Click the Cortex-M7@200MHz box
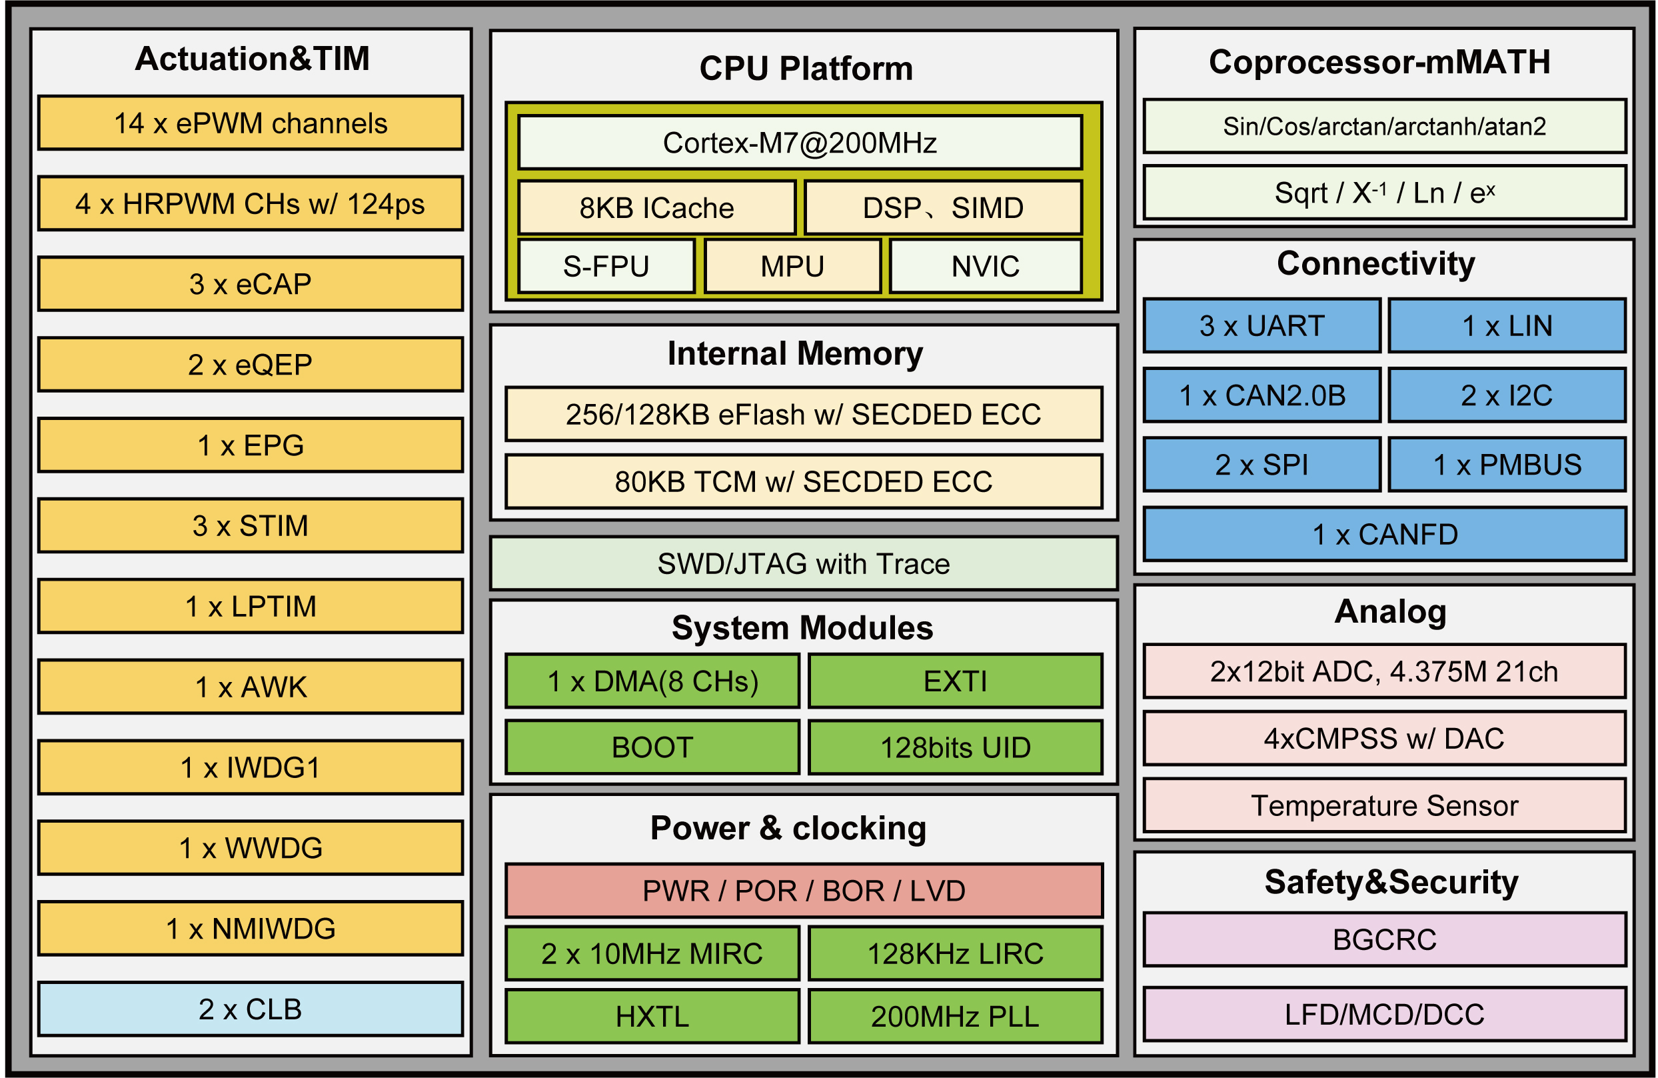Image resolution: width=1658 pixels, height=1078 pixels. [x=800, y=143]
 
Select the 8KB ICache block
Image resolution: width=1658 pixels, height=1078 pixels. [x=656, y=207]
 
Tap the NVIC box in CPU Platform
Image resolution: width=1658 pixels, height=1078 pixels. [x=985, y=266]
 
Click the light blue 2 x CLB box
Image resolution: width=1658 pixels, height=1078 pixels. [x=250, y=1009]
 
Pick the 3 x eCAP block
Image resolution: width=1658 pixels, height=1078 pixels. [x=250, y=284]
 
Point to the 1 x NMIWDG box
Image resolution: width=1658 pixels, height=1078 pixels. [x=250, y=928]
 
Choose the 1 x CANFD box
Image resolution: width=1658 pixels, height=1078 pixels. [x=1384, y=535]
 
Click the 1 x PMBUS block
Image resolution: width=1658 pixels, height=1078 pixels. [x=1507, y=465]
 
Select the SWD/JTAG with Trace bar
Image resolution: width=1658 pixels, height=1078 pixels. [x=803, y=564]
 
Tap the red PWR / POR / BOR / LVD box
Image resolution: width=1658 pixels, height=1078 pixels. [x=803, y=891]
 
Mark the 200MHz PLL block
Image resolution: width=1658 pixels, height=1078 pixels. [x=954, y=1016]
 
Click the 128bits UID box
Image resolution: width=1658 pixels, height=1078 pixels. [x=954, y=748]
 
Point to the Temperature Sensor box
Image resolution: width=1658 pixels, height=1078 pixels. [x=1384, y=805]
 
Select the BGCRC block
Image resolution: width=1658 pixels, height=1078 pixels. [x=1384, y=939]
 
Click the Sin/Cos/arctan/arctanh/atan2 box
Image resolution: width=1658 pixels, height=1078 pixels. [x=1384, y=126]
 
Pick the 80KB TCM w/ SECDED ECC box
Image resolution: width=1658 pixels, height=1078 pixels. [x=803, y=481]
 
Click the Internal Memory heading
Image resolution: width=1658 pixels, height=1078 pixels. [x=795, y=353]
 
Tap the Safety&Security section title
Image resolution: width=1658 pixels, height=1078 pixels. [x=1391, y=882]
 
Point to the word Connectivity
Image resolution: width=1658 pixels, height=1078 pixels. [x=1376, y=263]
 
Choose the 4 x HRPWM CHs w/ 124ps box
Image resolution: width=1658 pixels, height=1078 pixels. [x=250, y=203]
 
